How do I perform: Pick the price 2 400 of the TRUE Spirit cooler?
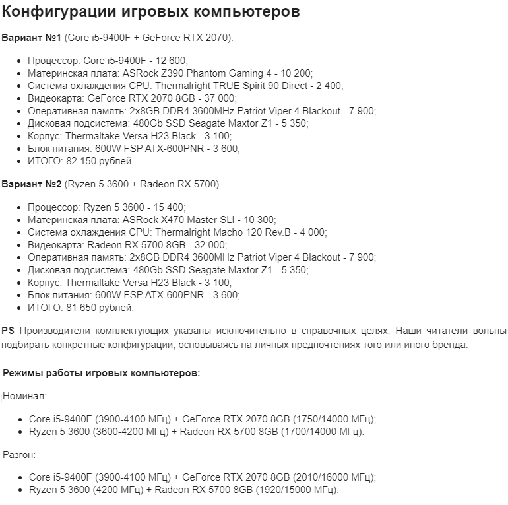point(328,86)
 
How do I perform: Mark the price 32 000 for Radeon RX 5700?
point(204,244)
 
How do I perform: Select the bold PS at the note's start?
point(8,330)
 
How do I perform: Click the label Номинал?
point(24,396)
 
